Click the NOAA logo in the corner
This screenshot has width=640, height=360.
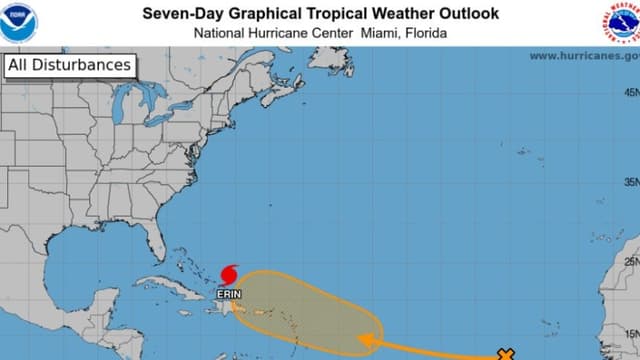point(19,22)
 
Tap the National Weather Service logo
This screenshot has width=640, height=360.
point(620,22)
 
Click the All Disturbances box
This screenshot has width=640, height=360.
point(69,66)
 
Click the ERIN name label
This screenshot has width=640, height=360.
point(228,294)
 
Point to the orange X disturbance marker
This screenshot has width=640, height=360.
point(506,354)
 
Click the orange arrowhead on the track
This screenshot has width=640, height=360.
point(367,343)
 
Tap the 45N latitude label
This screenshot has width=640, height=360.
point(631,91)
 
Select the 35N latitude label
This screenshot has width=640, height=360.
point(631,182)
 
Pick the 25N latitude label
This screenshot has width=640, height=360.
point(631,262)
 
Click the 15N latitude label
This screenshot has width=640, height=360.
point(631,334)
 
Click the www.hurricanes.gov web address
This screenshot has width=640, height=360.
point(583,56)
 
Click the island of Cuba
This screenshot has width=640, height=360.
point(175,283)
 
